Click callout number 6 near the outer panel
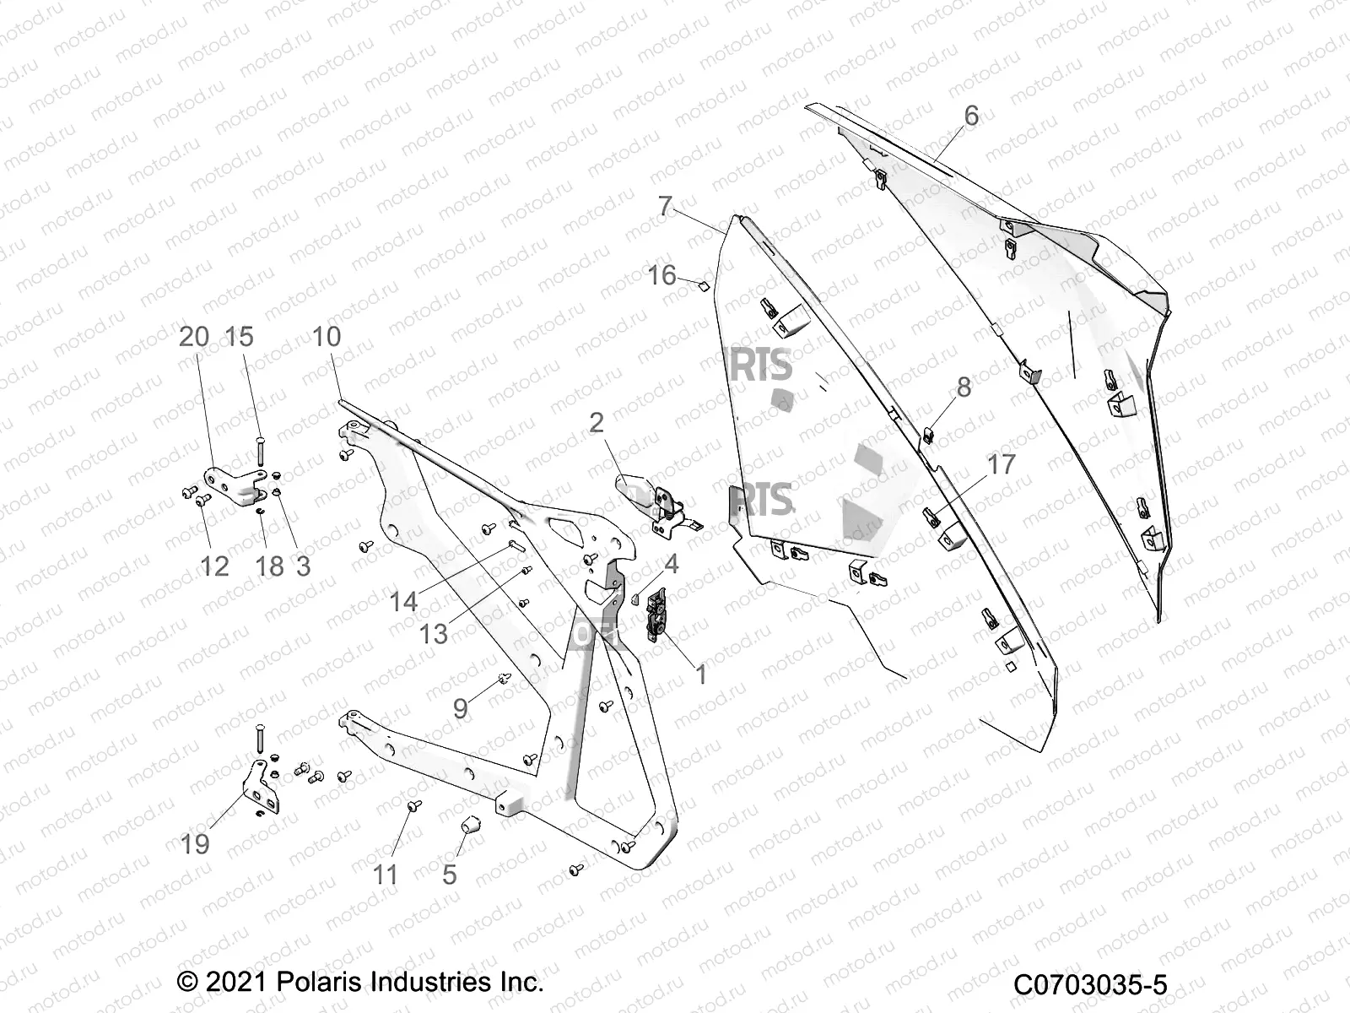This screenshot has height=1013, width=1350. [971, 116]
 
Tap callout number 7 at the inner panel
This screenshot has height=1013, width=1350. [666, 206]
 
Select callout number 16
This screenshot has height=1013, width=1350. [662, 275]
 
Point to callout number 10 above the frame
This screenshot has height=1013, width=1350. [327, 336]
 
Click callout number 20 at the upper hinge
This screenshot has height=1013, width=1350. [194, 336]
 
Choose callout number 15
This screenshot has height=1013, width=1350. [240, 336]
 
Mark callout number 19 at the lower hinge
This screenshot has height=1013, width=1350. [195, 843]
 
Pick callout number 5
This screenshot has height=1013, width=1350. [449, 874]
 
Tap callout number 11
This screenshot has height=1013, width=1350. [386, 874]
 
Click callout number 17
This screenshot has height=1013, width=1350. [1002, 464]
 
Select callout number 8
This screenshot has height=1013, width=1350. [964, 387]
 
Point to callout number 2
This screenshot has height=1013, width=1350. [597, 422]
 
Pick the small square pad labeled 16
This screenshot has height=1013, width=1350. [699, 286]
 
